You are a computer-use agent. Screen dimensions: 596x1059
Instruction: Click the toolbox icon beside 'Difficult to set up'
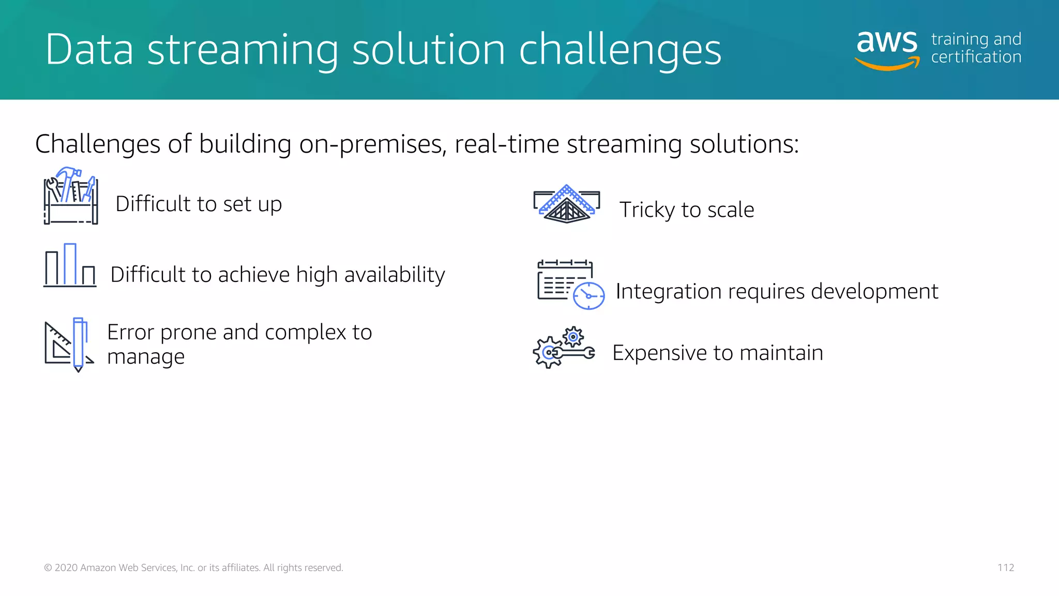click(71, 197)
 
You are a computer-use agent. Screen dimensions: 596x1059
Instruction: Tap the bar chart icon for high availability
click(70, 266)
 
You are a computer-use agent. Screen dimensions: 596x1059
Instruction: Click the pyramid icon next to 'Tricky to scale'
click(567, 205)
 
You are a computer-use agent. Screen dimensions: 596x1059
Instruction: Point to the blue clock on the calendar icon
click(588, 296)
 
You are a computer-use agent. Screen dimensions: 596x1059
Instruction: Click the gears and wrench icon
click(564, 348)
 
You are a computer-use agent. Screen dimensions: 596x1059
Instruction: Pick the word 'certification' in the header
click(976, 57)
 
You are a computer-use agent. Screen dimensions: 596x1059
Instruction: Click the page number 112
click(1005, 568)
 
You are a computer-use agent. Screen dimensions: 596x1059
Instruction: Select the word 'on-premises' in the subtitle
click(372, 144)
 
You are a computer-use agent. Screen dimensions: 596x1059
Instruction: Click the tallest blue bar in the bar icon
click(70, 264)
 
